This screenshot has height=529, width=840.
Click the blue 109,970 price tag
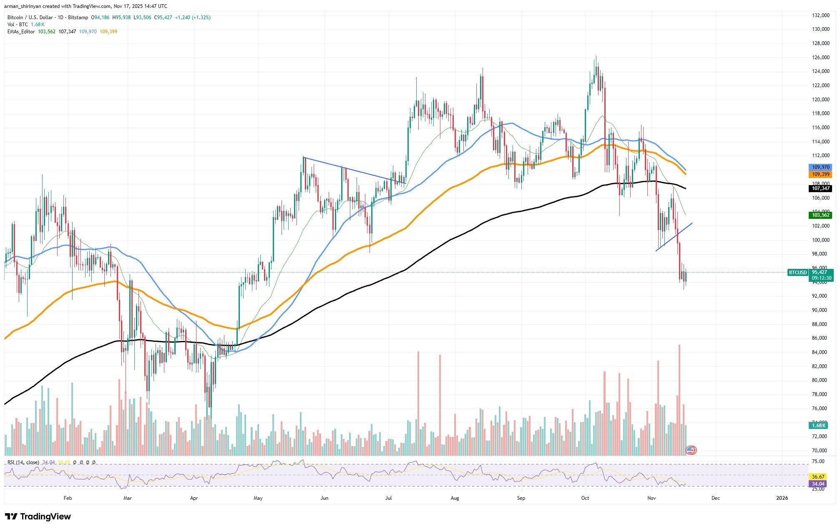[820, 167]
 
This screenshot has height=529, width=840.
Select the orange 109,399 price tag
[820, 174]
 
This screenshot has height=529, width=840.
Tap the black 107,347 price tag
[820, 188]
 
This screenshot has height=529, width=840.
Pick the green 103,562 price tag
[820, 215]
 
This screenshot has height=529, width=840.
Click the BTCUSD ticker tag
[797, 273]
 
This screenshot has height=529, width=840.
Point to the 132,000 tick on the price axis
[817, 15]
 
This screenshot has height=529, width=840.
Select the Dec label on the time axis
[715, 498]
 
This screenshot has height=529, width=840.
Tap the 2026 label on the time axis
[782, 498]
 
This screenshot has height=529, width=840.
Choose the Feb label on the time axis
[68, 498]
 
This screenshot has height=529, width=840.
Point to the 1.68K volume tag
[819, 426]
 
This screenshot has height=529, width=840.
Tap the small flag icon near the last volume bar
[691, 450]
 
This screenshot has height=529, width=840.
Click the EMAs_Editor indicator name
[21, 32]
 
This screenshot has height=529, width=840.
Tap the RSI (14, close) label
[23, 462]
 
